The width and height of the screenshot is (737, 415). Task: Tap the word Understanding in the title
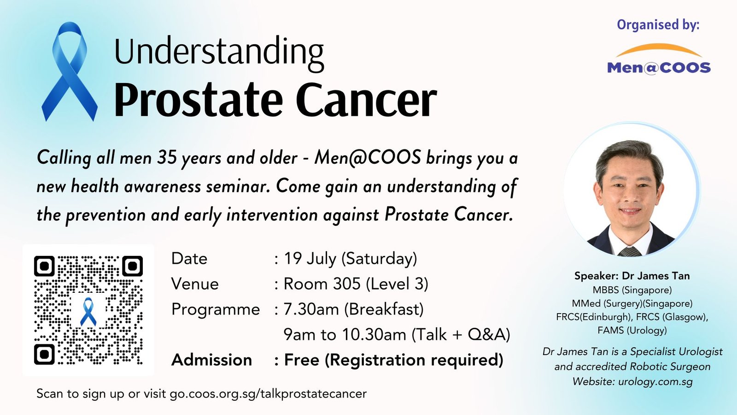219,53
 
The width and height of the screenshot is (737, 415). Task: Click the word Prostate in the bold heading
198,99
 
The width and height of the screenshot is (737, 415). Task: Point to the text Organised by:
658,25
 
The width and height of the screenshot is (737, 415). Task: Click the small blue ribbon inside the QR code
88,311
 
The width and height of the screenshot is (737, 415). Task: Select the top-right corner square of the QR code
132,266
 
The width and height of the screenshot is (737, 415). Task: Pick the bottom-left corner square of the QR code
44,355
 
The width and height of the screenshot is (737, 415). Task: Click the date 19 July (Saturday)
351,259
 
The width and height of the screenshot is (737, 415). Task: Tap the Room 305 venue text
356,284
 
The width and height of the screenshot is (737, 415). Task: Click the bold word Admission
211,360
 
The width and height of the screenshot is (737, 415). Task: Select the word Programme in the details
216,310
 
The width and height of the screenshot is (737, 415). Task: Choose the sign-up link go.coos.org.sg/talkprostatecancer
268,394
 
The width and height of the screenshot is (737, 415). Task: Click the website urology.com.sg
655,382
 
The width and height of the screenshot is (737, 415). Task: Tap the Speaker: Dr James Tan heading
632,276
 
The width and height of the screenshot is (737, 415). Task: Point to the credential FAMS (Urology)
632,330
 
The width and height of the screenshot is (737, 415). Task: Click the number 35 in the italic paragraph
167,157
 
